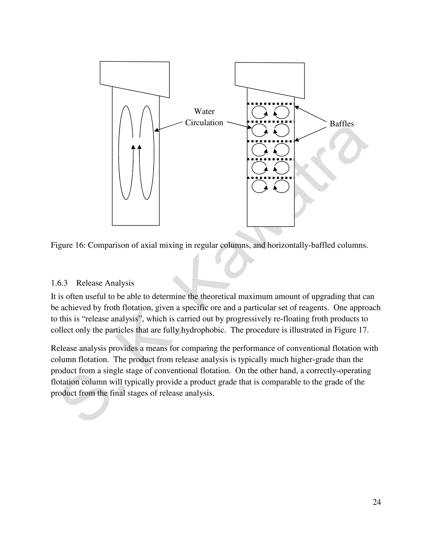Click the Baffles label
click(342, 124)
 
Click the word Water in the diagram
click(204, 111)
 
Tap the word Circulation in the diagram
click(204, 123)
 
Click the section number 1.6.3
click(59, 283)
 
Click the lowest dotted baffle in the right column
click(270, 178)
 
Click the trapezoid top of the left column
click(135, 77)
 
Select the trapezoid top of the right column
click(270, 78)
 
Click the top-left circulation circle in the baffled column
click(259, 113)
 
